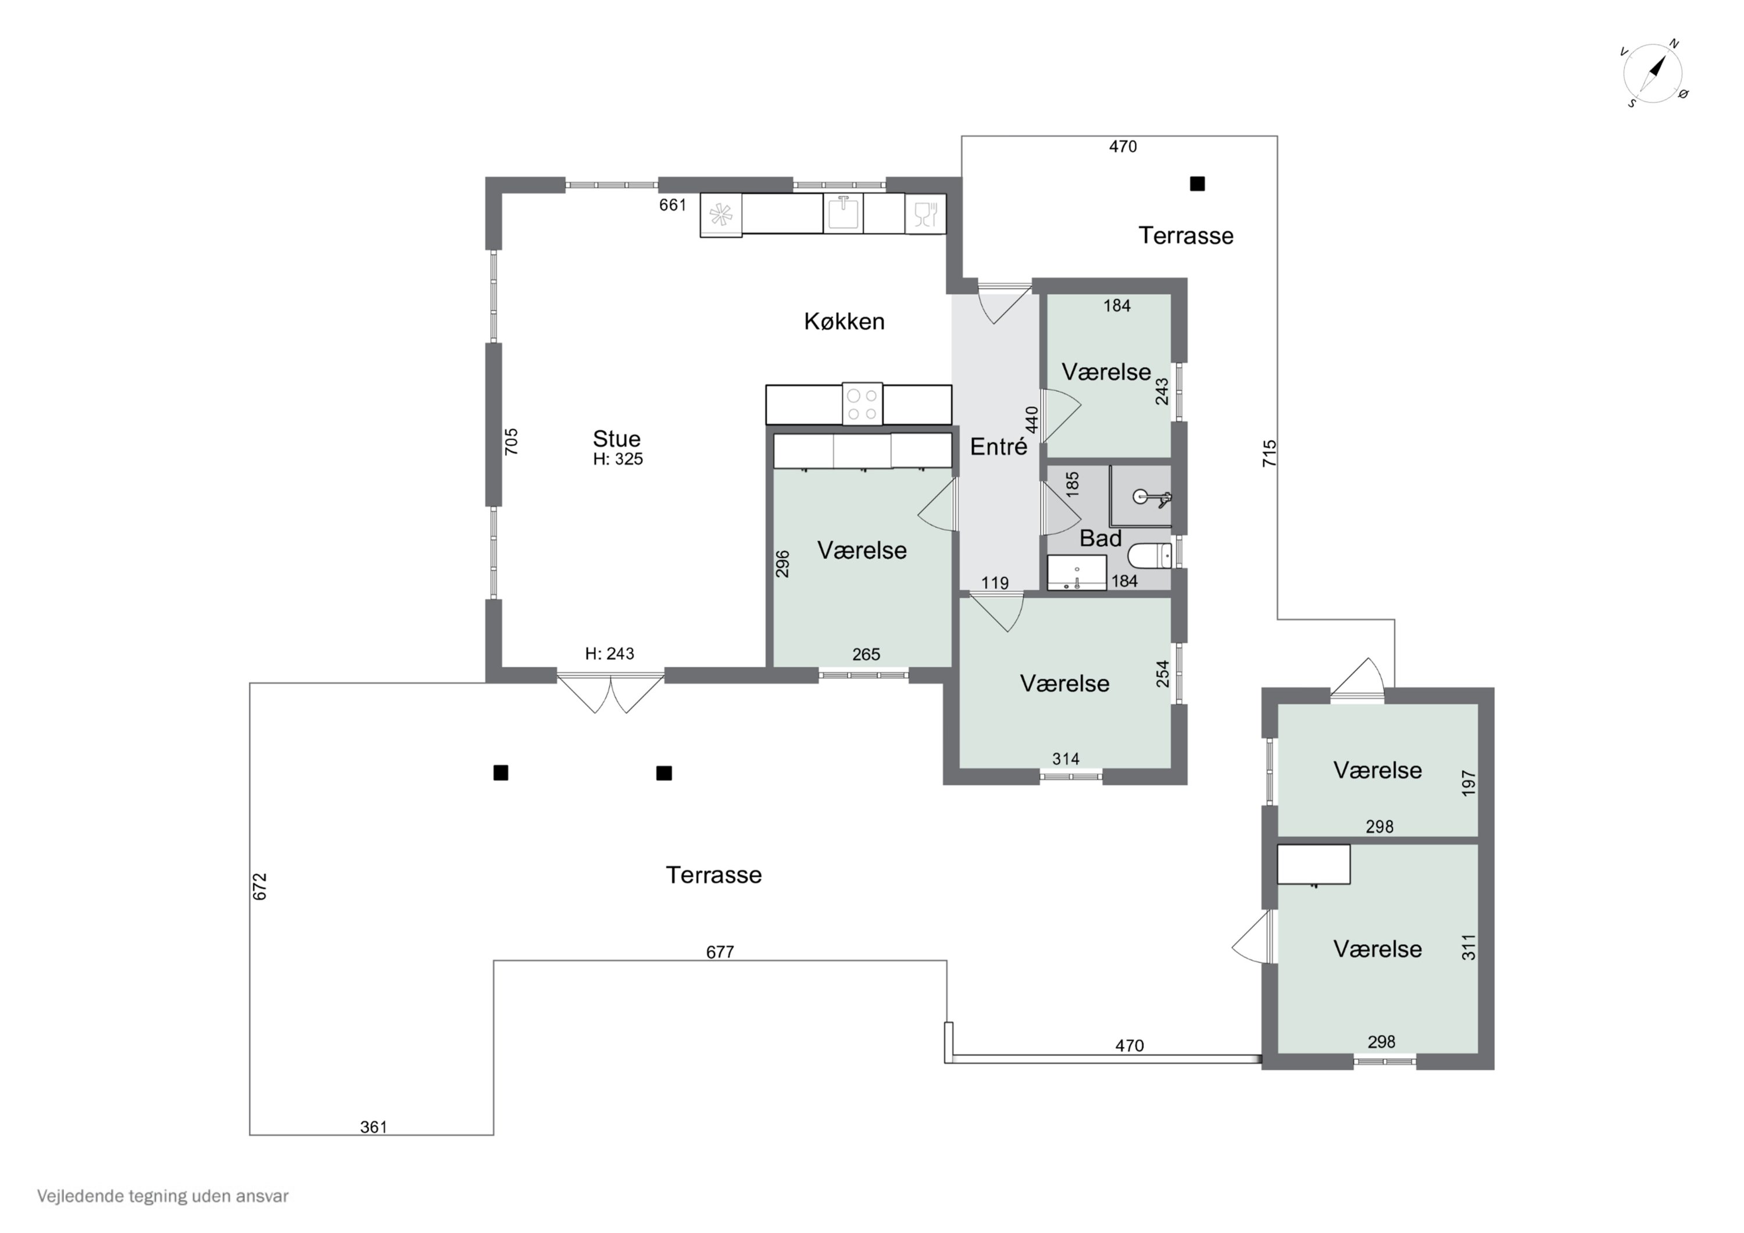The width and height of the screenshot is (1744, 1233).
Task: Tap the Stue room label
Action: point(616,439)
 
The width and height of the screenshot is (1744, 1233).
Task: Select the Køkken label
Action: point(844,321)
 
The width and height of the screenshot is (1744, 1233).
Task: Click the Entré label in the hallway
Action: point(998,446)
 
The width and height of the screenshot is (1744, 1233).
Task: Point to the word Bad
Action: point(1100,539)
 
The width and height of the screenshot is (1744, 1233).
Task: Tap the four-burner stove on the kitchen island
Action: point(862,404)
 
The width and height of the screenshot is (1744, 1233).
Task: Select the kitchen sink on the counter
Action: point(843,213)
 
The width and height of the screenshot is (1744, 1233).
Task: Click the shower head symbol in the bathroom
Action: point(1152,498)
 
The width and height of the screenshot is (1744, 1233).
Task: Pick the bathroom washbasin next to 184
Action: point(1076,573)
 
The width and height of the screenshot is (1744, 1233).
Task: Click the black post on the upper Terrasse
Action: point(1197,184)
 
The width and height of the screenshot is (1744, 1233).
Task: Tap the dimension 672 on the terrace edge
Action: point(260,887)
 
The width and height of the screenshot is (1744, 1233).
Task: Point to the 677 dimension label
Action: point(719,952)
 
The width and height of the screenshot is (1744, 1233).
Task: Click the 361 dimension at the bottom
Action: point(373,1127)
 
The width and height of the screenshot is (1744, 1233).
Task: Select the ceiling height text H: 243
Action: point(609,653)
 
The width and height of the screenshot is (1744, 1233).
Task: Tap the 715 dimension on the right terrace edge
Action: point(1269,453)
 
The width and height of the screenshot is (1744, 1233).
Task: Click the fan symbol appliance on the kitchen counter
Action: point(721,215)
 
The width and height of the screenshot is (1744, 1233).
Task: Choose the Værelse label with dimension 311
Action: point(1377,949)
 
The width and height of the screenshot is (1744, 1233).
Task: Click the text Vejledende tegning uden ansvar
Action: point(163,1196)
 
